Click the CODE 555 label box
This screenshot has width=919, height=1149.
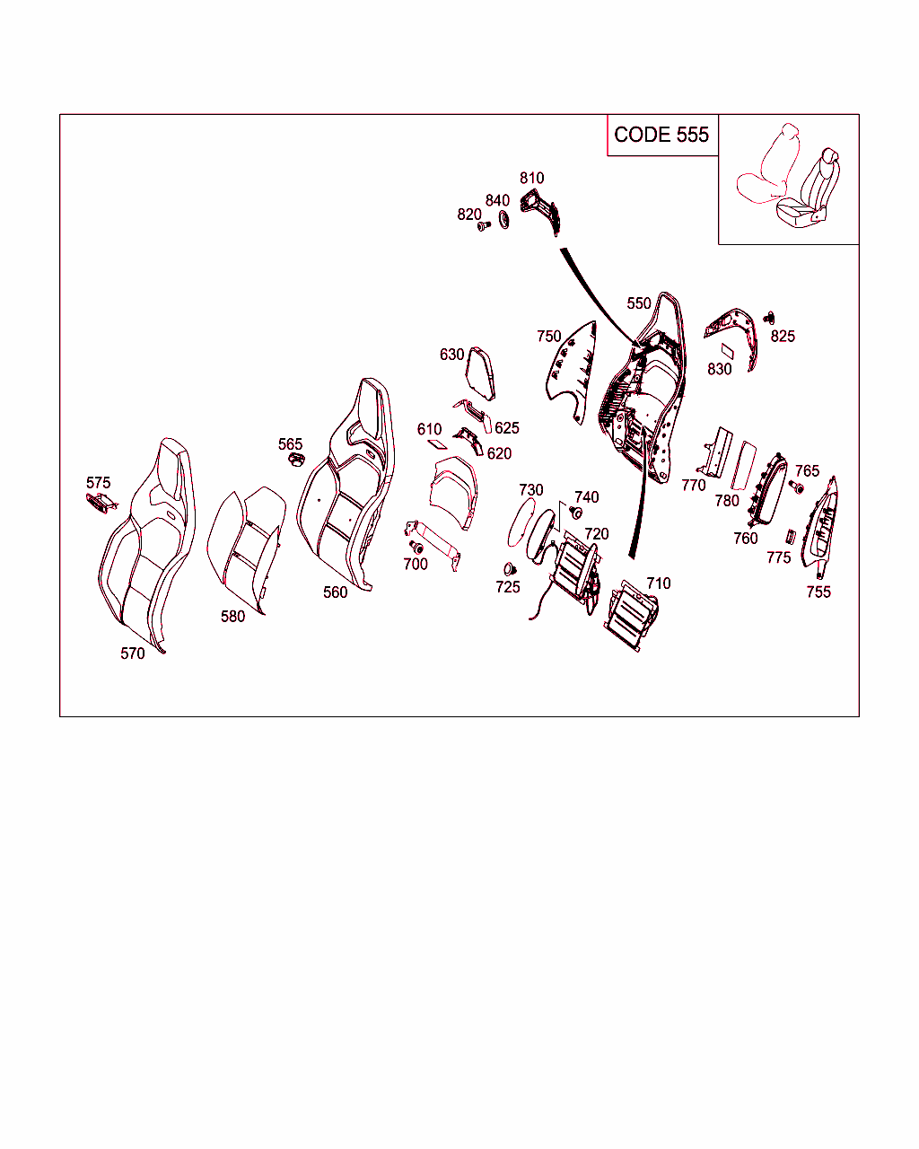662,135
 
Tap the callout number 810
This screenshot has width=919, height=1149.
532,178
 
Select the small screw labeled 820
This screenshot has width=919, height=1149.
484,226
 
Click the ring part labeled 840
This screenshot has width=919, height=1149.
503,219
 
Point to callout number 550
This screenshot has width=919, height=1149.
639,303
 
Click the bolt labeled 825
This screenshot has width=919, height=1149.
769,318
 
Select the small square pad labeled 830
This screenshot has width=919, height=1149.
727,351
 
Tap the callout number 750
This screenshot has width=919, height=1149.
549,337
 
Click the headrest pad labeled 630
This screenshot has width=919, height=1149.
480,373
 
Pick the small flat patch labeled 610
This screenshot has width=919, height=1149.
437,443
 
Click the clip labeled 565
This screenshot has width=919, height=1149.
296,459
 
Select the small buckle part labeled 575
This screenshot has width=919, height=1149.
101,502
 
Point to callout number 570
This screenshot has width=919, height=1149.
133,653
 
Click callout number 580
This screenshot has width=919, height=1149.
232,617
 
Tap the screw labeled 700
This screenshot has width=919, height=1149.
416,547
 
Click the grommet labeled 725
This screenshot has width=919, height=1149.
510,569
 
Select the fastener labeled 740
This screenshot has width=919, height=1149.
575,513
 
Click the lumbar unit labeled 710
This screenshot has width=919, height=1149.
631,615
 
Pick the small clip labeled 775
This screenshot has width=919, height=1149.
791,536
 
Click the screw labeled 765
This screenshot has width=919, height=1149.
796,487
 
